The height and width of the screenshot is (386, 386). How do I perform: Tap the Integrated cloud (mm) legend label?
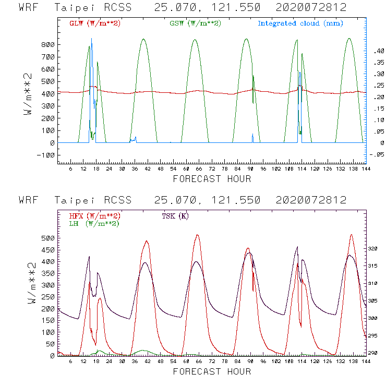point(300,23)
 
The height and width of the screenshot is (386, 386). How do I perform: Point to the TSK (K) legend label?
point(175,216)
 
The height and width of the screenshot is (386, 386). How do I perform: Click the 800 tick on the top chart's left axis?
point(49,45)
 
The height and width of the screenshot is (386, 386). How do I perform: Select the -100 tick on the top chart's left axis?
point(46,155)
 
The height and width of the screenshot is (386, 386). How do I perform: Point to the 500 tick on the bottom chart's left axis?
point(49,238)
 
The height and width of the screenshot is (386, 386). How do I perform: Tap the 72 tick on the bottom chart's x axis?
point(212,363)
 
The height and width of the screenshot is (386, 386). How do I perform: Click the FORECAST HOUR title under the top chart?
point(212,179)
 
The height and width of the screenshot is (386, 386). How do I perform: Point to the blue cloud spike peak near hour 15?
point(91,39)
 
